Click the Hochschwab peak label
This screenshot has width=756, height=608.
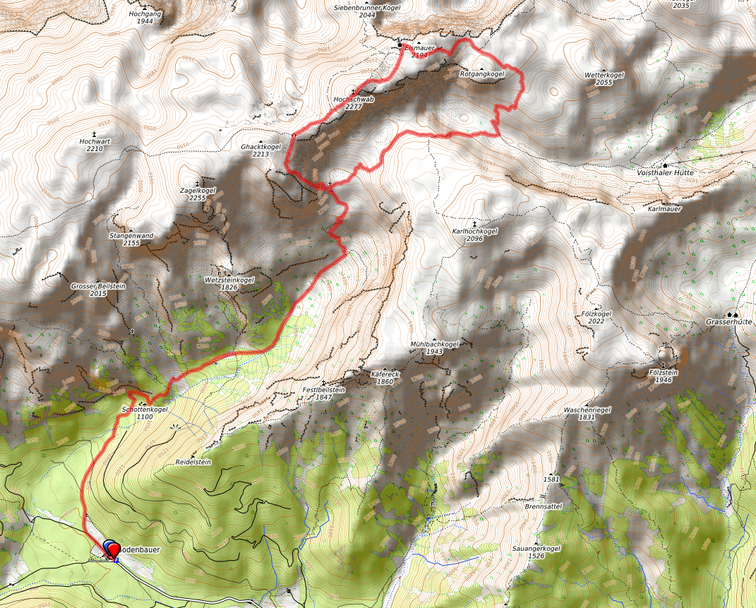click(x=353, y=100)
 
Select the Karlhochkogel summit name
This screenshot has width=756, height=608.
click(x=474, y=231)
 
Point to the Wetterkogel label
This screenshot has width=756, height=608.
click(x=604, y=75)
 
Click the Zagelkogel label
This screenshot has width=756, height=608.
click(x=197, y=190)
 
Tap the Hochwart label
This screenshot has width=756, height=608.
click(x=93, y=141)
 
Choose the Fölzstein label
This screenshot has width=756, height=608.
click(x=663, y=371)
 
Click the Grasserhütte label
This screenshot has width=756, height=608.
click(x=729, y=321)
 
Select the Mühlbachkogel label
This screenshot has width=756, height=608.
click(x=435, y=344)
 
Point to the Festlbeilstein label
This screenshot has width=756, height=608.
click(x=323, y=389)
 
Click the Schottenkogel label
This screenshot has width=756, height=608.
click(x=144, y=409)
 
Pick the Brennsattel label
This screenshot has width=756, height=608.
click(x=543, y=506)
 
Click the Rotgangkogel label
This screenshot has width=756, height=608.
click(x=482, y=73)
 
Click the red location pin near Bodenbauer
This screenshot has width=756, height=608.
click(x=112, y=548)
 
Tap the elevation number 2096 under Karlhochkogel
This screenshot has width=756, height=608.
click(x=474, y=239)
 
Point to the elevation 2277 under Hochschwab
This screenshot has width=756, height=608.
click(x=353, y=107)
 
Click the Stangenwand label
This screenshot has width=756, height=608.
click(x=131, y=235)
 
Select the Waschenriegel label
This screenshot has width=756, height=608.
click(x=587, y=410)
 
